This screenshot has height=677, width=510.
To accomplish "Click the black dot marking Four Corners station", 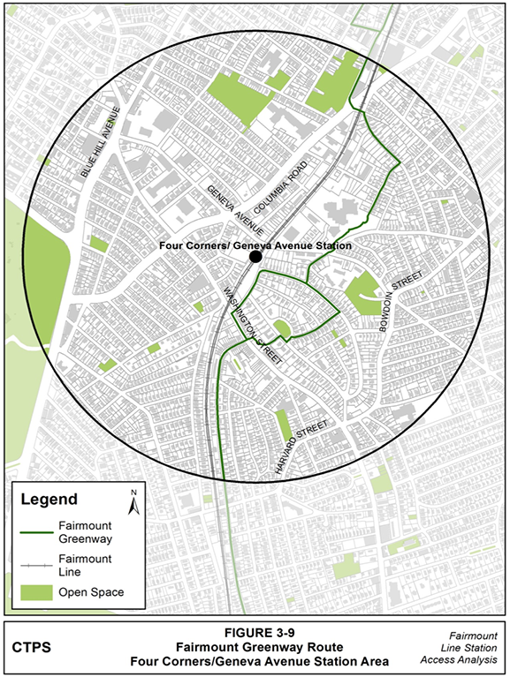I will (255, 256).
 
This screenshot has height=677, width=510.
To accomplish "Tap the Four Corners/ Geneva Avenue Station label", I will (256, 245).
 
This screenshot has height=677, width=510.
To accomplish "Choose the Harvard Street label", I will (301, 448).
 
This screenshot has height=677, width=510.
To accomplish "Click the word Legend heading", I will (49, 500).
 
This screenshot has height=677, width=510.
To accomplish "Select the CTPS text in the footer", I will (30, 648).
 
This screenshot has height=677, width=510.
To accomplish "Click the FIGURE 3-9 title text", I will (255, 633).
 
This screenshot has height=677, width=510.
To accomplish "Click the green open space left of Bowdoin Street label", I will (362, 294).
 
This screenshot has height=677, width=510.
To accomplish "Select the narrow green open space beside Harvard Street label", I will (283, 425).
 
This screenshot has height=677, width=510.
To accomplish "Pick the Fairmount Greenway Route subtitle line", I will (255, 647).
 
